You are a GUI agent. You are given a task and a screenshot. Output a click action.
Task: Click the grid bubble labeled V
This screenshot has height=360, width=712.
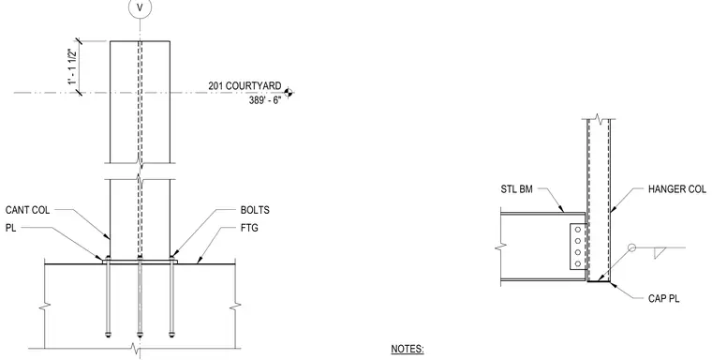point(140,7)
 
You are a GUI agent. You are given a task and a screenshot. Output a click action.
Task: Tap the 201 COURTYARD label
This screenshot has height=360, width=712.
point(245,85)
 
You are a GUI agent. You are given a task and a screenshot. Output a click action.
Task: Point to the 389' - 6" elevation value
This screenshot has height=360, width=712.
point(265,100)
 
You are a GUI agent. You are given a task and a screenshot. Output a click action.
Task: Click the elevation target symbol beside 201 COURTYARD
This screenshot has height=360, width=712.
point(288,93)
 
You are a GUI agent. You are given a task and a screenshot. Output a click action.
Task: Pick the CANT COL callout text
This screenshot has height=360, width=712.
point(28,210)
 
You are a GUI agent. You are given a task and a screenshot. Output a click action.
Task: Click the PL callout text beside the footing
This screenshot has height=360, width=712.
point(10,228)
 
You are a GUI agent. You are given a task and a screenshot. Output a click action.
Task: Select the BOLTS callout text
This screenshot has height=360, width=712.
point(255,210)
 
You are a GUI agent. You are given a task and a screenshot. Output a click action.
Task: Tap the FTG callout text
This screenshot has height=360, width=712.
point(249,228)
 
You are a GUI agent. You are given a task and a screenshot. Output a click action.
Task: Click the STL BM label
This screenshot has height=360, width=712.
point(517,188)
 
